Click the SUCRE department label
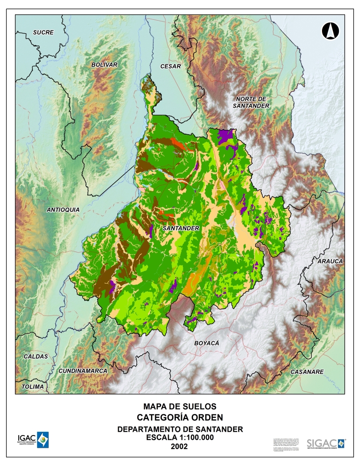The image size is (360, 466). (x=43, y=32)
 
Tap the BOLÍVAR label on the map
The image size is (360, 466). (x=104, y=64)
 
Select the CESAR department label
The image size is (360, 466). (x=170, y=67)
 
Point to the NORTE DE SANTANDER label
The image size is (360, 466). (x=251, y=103)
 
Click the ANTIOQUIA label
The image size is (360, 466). (x=63, y=210)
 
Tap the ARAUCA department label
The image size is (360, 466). (x=330, y=261)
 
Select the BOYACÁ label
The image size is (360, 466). (x=207, y=343)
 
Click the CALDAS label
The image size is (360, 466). (x=36, y=356)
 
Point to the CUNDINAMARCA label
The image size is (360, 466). (x=83, y=371)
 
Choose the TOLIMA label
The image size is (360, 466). (x=33, y=387)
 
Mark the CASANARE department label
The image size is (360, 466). (x=307, y=372)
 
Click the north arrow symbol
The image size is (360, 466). (x=330, y=31)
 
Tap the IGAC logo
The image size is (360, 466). (x=33, y=440)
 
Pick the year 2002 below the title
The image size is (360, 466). (x=180, y=446)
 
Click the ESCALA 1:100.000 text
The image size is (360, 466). (x=180, y=437)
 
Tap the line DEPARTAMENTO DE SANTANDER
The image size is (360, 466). (x=180, y=429)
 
